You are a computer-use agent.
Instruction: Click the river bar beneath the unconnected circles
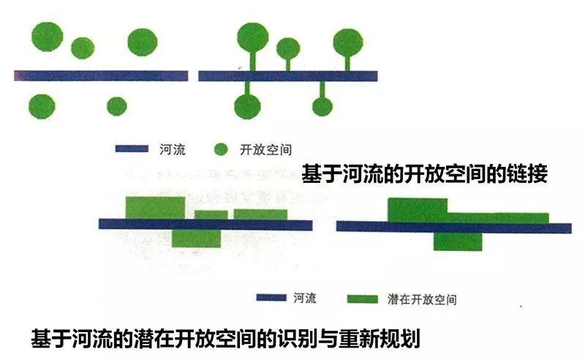(x=101, y=75)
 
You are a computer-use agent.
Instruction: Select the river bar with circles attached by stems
(x=287, y=75)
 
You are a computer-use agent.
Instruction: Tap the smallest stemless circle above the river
(x=83, y=48)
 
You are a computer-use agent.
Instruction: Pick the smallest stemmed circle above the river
(x=288, y=48)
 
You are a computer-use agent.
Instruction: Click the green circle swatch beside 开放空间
(x=222, y=150)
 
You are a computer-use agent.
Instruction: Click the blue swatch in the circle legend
(x=133, y=150)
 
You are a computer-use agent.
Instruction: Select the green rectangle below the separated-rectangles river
(x=196, y=239)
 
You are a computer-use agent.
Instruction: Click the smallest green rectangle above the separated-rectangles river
(x=211, y=214)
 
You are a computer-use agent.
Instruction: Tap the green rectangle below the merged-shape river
(x=458, y=241)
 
